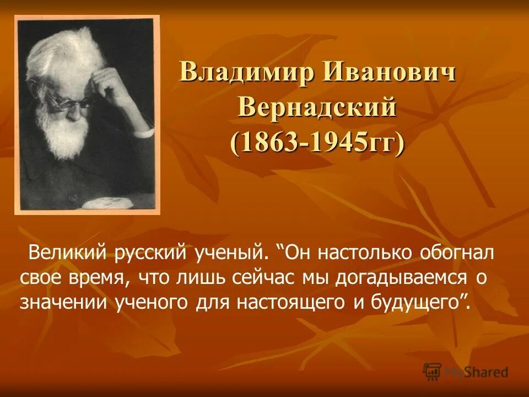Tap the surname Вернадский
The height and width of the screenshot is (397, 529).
pos(317,106)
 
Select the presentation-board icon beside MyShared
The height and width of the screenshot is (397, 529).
pos(432,371)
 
